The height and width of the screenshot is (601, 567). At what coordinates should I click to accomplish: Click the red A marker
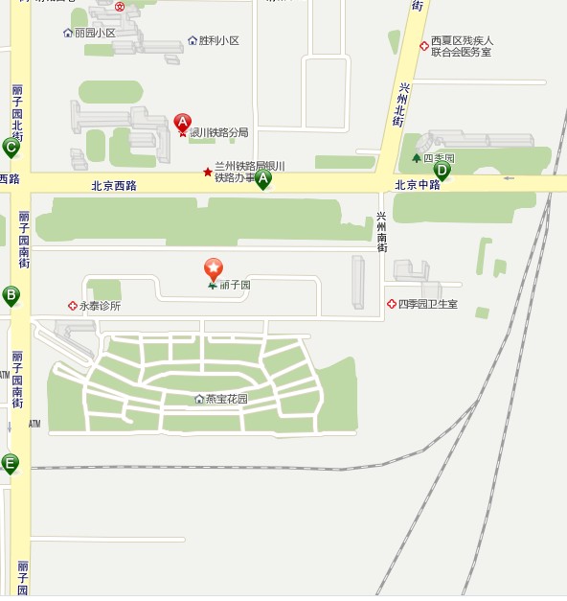click(x=183, y=122)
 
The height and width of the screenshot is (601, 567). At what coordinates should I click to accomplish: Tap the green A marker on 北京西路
click(x=262, y=178)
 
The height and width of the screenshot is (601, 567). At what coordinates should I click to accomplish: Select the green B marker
click(x=11, y=295)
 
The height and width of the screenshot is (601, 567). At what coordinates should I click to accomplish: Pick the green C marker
click(x=11, y=147)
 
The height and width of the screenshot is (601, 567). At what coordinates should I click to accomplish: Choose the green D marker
click(x=442, y=171)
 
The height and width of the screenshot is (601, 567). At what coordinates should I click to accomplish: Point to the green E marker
click(x=10, y=464)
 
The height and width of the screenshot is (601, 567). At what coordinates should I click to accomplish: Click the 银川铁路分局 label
click(x=218, y=132)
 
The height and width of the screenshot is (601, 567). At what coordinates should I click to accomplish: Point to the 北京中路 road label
click(x=418, y=185)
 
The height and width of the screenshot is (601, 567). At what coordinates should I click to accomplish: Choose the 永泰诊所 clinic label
click(x=100, y=307)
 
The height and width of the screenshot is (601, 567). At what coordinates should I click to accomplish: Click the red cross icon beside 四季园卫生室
click(x=391, y=304)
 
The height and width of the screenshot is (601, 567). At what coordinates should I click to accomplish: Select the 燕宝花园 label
click(x=226, y=399)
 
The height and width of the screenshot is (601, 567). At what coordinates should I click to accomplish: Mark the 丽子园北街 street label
click(x=17, y=113)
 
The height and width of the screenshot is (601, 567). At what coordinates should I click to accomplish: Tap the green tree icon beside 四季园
click(x=416, y=157)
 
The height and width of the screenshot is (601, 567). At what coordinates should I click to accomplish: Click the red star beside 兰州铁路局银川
click(x=207, y=172)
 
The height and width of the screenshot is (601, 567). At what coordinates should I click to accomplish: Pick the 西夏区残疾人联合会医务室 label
click(x=462, y=46)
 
